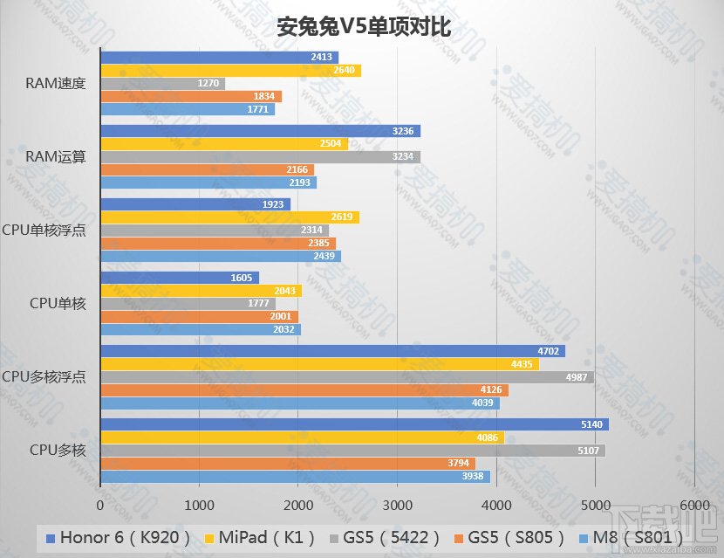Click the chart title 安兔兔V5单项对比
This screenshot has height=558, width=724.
(363, 27)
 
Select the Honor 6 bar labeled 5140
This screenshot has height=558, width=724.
(354, 424)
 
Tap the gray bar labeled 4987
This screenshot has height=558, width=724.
(347, 377)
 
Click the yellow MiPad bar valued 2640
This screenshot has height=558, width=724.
(230, 71)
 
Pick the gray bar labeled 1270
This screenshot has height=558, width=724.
(162, 84)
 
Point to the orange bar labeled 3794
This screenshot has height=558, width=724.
(288, 463)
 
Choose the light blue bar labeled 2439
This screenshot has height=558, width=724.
(221, 256)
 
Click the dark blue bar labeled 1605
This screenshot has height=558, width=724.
(180, 278)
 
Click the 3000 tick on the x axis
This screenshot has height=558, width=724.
(397, 504)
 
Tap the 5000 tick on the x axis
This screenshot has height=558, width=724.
(595, 504)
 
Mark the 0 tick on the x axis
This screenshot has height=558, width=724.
(101, 504)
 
